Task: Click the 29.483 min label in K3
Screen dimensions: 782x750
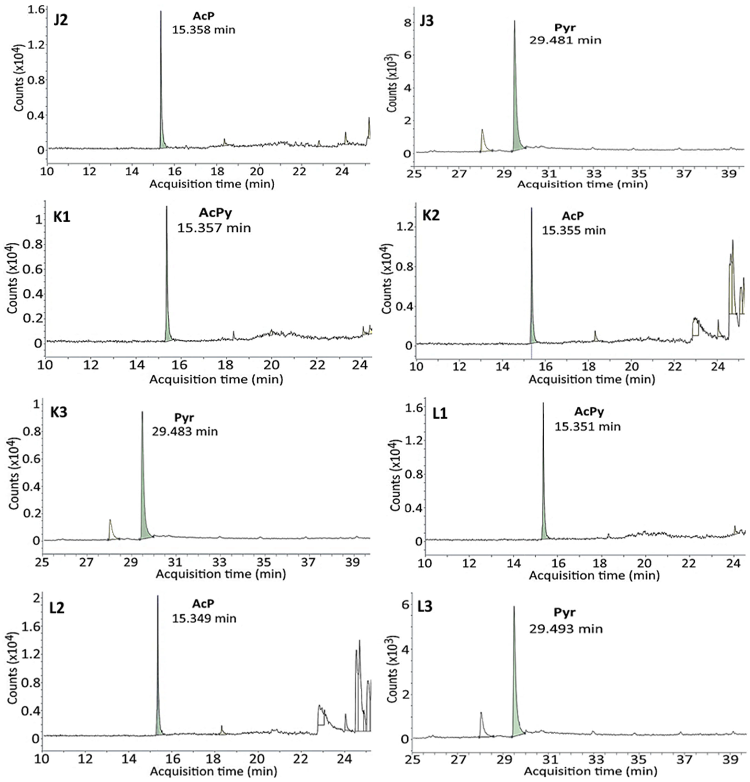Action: pyautogui.click(x=185, y=432)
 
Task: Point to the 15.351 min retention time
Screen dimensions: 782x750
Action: pyautogui.click(x=587, y=426)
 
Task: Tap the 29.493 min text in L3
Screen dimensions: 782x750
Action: pyautogui.click(x=566, y=629)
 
